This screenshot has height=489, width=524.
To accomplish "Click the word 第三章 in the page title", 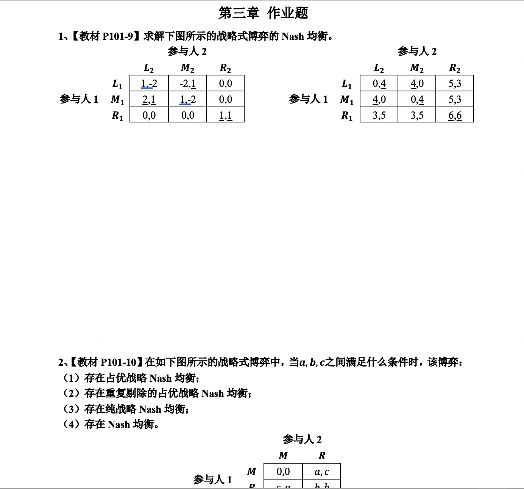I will tap(239, 13).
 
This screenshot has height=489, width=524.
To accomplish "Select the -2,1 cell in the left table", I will tap(187, 83).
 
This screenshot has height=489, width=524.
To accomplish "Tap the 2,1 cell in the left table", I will tap(149, 100).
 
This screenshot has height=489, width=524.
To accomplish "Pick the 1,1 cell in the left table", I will tap(225, 115).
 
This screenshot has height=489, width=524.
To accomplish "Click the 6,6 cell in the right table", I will tap(455, 115).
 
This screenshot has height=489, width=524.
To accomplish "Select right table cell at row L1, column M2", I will tap(417, 83).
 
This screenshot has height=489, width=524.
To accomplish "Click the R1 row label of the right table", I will tap(347, 115).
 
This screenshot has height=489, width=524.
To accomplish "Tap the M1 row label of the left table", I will tap(117, 100).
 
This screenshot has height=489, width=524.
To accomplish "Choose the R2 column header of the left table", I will tap(225, 68).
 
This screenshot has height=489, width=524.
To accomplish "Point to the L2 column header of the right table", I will tap(379, 68).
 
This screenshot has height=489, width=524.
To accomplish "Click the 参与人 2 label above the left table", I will tap(187, 51).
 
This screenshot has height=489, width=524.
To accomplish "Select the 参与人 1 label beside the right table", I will tap(308, 99).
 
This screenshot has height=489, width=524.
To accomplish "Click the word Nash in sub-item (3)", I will tap(150, 409).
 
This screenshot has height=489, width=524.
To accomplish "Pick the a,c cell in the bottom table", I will tap(321, 472).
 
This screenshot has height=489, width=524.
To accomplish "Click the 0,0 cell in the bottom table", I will tap(283, 472).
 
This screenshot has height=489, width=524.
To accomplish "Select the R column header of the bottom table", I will tap(321, 456).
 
